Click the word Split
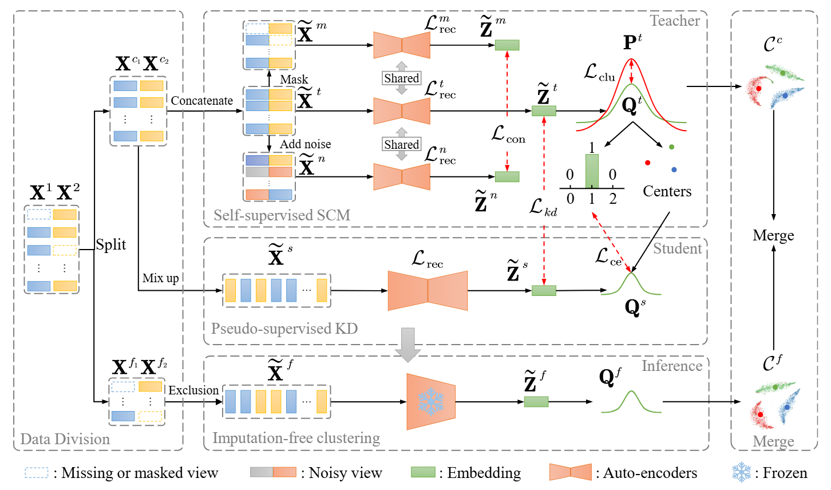(x=110, y=244)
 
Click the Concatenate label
(x=201, y=101)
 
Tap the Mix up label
(x=160, y=278)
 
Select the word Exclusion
(x=193, y=390)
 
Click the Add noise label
(x=305, y=144)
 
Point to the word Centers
(x=667, y=191)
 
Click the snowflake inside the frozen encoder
(x=431, y=402)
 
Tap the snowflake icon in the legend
(x=742, y=472)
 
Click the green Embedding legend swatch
(x=423, y=472)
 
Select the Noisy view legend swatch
(x=273, y=472)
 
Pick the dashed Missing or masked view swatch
(x=37, y=473)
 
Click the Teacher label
(x=675, y=21)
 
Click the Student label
(x=677, y=248)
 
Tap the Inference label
(x=672, y=366)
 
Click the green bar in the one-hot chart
(x=592, y=171)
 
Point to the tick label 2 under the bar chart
(x=613, y=199)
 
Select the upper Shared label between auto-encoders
(x=401, y=78)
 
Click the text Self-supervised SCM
(x=282, y=215)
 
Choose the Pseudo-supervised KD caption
(x=284, y=329)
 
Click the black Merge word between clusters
(x=773, y=236)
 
